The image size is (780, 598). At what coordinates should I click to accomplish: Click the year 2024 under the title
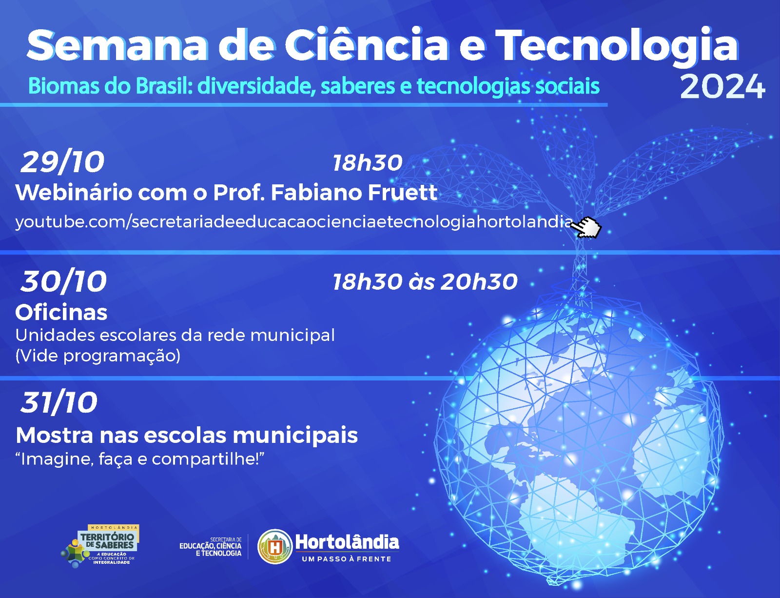[x=722, y=86]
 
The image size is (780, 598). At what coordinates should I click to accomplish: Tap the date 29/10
[x=62, y=162]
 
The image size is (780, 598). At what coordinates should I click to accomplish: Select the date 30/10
[x=63, y=281]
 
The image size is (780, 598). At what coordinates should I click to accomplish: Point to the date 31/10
[x=59, y=402]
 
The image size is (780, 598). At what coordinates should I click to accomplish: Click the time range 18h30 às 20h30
[x=425, y=281]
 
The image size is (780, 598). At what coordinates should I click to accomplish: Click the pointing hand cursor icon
[x=586, y=227]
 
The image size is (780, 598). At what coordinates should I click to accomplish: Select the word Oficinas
[x=61, y=313]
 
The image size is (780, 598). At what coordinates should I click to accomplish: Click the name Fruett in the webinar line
[x=402, y=193]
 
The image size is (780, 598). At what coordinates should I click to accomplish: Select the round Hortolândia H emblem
[x=275, y=547]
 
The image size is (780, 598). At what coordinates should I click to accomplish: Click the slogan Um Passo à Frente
[x=347, y=559]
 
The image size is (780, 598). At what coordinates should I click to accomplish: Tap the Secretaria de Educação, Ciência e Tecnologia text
[x=211, y=547]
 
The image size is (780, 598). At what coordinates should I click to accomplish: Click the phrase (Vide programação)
[x=98, y=356]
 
